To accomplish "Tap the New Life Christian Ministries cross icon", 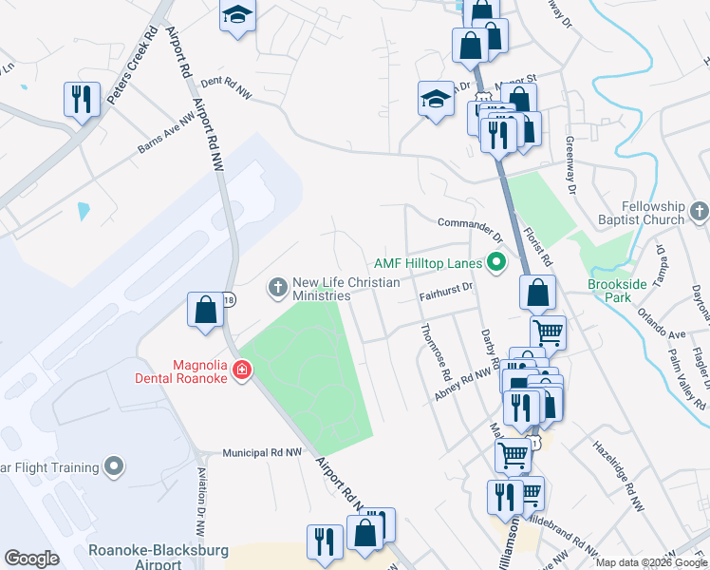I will pyautogui.click(x=278, y=286).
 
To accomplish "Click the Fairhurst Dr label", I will pyautogui.click(x=445, y=297).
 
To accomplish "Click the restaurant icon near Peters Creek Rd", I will pyautogui.click(x=82, y=99).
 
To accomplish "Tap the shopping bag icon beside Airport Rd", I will pyautogui.click(x=205, y=310).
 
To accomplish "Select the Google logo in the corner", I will pyautogui.click(x=31, y=559).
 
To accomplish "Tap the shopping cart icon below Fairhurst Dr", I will pyautogui.click(x=548, y=332).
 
